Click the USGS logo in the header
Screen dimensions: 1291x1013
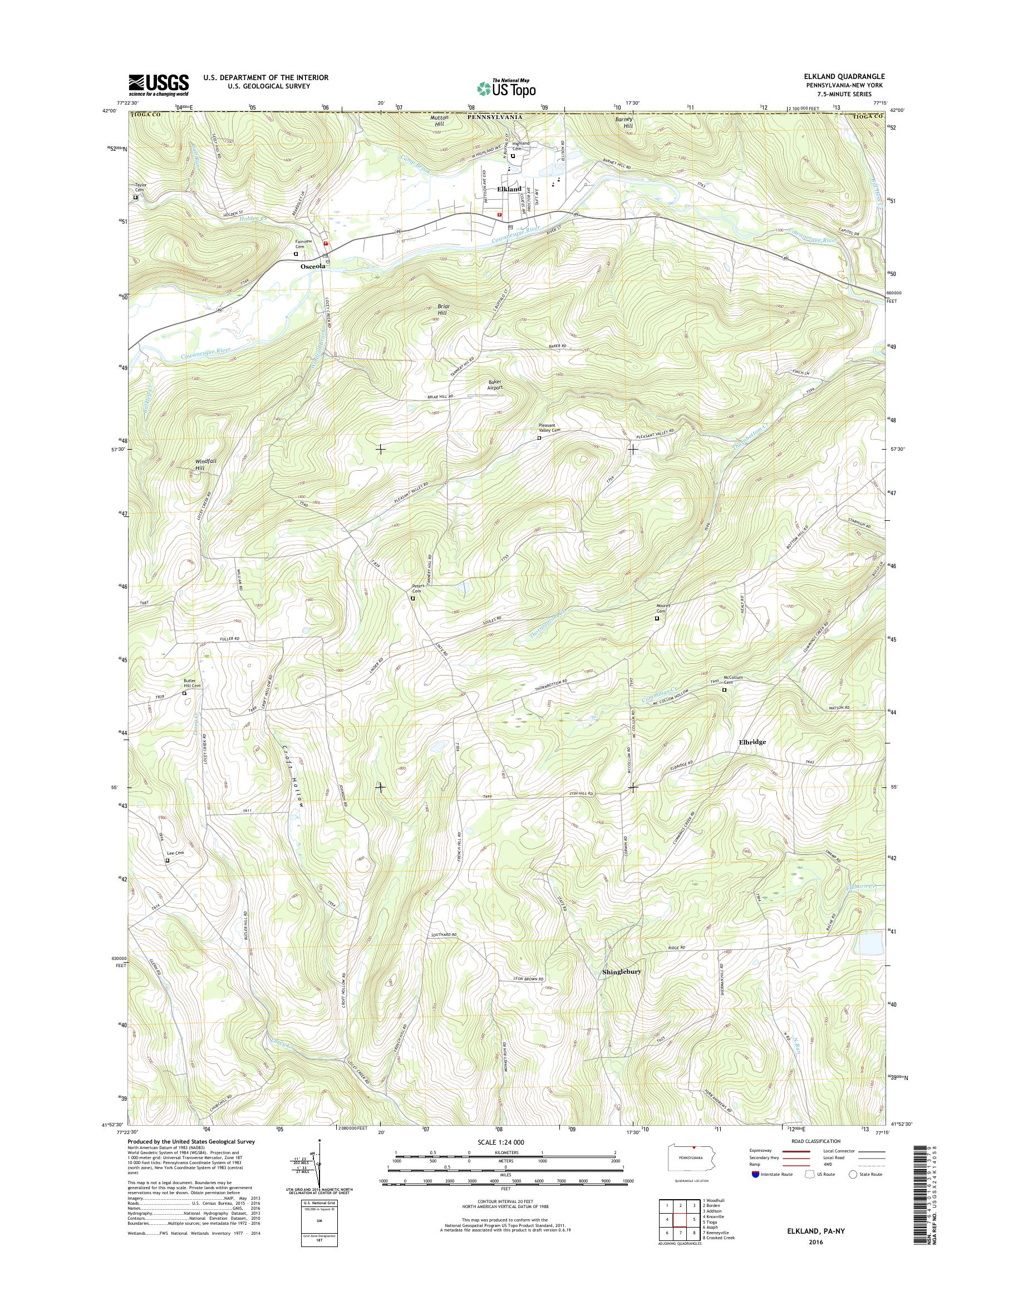pos(159,85)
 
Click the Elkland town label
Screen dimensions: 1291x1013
pos(509,189)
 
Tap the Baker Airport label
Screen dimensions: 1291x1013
pos(495,385)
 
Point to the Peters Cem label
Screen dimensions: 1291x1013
pos(417,589)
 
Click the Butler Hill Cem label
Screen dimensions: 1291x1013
pos(192,683)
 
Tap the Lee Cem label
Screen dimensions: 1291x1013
pos(176,853)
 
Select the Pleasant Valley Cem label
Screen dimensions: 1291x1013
pos(549,428)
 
